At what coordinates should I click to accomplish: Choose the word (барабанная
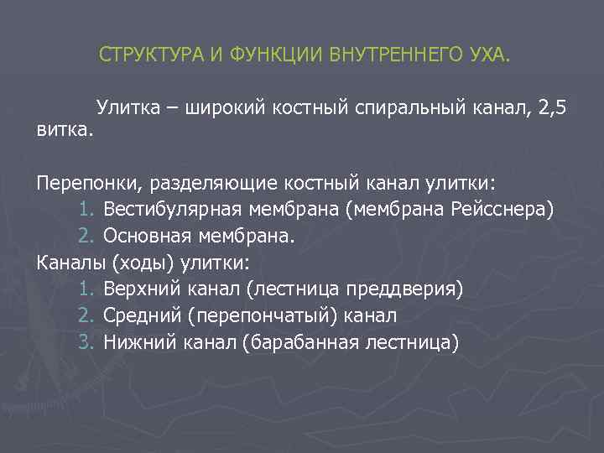pyautogui.click(x=296, y=342)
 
